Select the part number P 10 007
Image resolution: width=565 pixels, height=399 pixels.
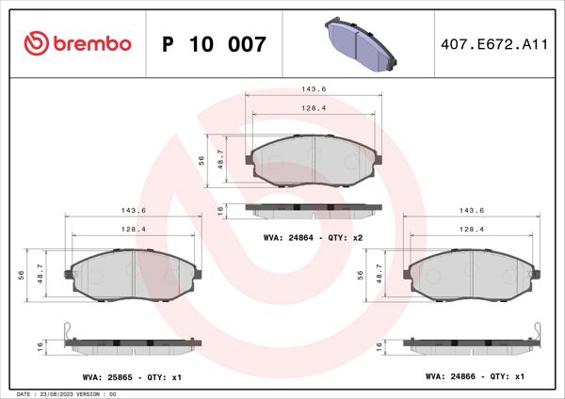215,44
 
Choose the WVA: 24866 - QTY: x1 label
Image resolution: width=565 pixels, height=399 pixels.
475,376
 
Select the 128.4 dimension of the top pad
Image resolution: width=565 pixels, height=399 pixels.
313,108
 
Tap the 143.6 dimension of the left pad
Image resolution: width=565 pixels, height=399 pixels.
133,211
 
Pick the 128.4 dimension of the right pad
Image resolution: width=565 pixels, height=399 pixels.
472,230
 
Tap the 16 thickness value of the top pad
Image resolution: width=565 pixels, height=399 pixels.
220,209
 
